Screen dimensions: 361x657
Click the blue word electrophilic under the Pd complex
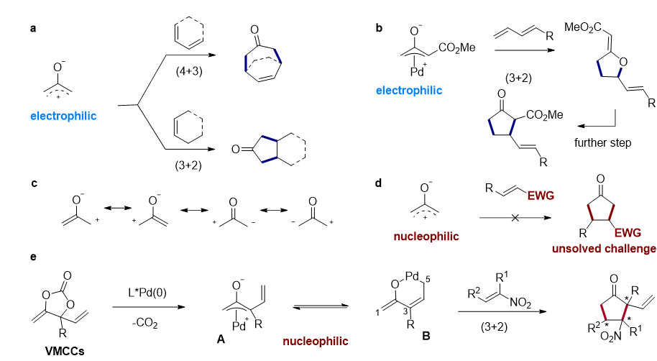point(408,91)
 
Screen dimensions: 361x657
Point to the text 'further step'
point(603,143)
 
